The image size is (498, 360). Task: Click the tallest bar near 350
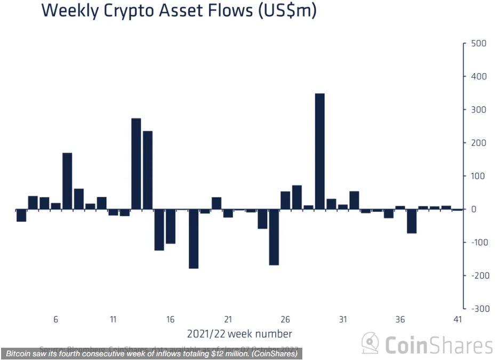pyautogui.click(x=320, y=151)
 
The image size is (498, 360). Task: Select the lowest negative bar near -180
pyautogui.click(x=194, y=238)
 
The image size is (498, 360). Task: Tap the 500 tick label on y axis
pyautogui.click(x=478, y=43)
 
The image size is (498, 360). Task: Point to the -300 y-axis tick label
pyautogui.click(x=476, y=309)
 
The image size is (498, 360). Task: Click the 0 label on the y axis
pyautogui.click(x=473, y=209)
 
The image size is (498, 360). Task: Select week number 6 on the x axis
pyautogui.click(x=55, y=319)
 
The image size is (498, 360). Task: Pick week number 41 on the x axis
pyautogui.click(x=457, y=319)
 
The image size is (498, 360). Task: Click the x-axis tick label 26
pyautogui.click(x=285, y=319)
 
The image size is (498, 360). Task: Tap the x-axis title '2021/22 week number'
pyautogui.click(x=239, y=334)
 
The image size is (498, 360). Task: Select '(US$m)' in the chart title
pyautogui.click(x=287, y=11)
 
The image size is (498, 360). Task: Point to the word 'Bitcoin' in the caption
pyautogui.click(x=19, y=354)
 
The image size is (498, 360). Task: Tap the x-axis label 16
pyautogui.click(x=170, y=319)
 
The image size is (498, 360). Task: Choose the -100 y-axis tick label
pyautogui.click(x=476, y=242)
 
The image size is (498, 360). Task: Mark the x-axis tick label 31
pyautogui.click(x=343, y=319)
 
